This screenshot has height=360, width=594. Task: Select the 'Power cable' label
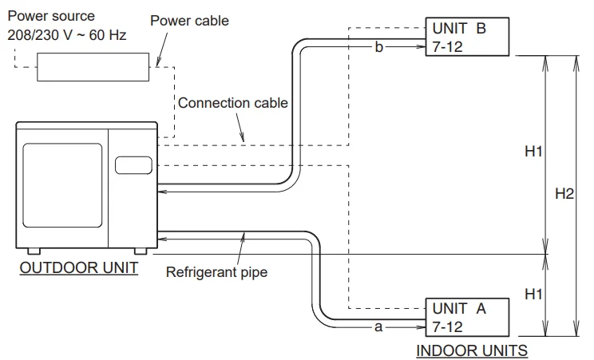[189, 21]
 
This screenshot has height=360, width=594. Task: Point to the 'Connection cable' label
[232, 103]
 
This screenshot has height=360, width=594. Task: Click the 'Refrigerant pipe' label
[216, 271]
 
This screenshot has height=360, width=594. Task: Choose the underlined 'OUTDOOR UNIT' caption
[78, 268]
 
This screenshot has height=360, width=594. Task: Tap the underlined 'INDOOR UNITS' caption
[472, 350]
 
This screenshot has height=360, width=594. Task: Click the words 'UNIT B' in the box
[458, 28]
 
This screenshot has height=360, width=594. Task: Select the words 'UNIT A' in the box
[458, 307]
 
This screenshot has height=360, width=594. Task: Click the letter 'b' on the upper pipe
[379, 47]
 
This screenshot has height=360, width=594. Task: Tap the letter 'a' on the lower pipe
[378, 326]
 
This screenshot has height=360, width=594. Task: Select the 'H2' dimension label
[564, 194]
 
